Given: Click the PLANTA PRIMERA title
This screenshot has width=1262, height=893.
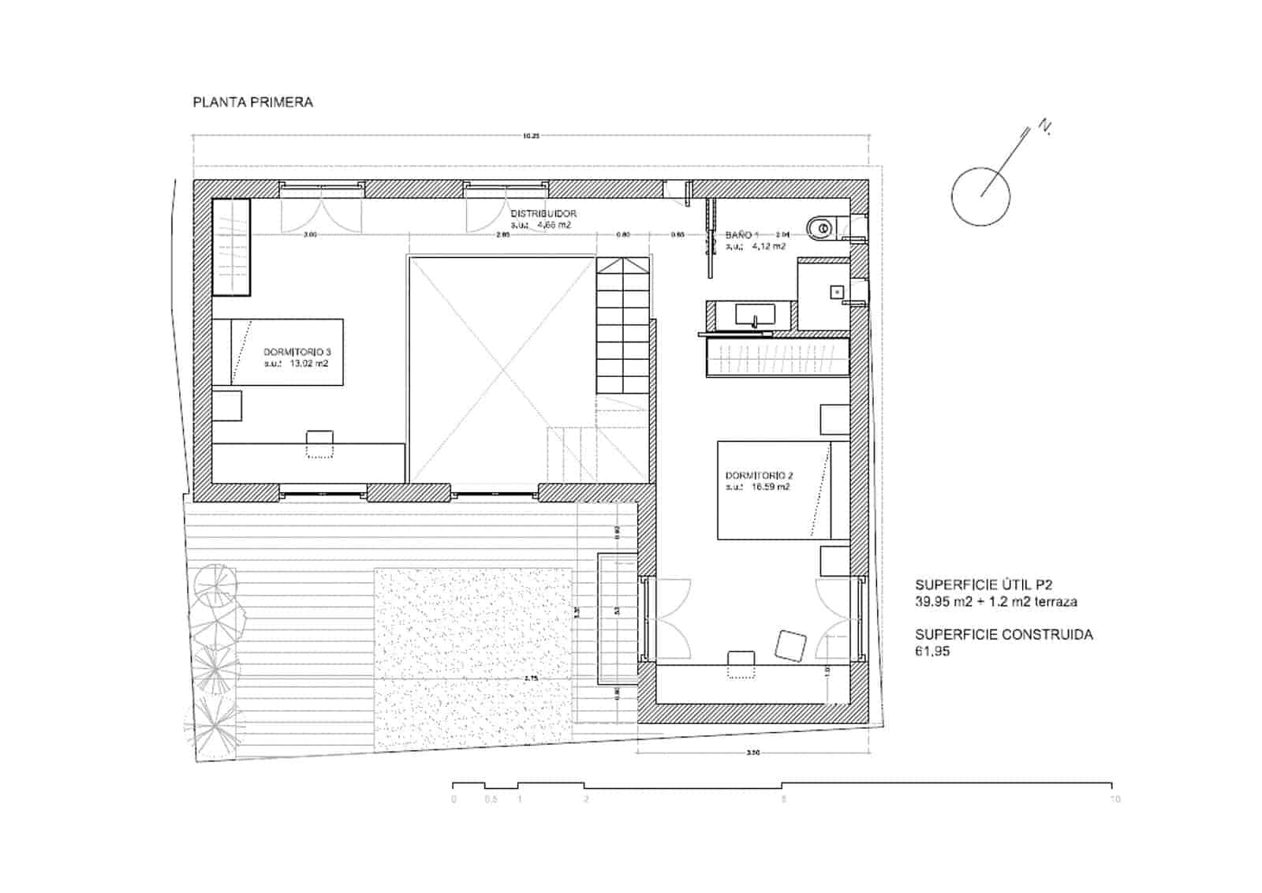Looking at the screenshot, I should coord(252,102).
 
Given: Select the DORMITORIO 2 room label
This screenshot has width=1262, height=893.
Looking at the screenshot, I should coord(759,475).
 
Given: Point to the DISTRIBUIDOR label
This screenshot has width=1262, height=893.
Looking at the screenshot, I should coord(543,213).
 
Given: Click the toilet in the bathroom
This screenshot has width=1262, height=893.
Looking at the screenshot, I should coord(820,228).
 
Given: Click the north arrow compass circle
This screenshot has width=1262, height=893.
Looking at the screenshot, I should coord(980,196).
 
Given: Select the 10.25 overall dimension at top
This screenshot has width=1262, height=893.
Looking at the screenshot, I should coord(531,136).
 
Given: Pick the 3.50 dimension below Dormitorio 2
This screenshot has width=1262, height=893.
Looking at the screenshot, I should coord(752,753).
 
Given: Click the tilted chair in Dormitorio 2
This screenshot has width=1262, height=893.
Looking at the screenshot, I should coord(790,645).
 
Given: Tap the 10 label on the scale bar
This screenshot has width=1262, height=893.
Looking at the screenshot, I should coord(1115,799).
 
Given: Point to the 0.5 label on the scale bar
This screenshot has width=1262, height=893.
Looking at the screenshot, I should coord(491,799).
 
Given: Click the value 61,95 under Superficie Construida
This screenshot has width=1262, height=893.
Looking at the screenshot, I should coord(932,652).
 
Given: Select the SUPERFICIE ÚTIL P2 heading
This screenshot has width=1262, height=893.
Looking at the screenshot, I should coord(984,585).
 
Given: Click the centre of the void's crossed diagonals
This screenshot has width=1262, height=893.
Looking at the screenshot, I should coord(500,369).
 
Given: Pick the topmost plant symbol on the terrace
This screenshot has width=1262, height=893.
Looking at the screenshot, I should coord(216,585).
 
